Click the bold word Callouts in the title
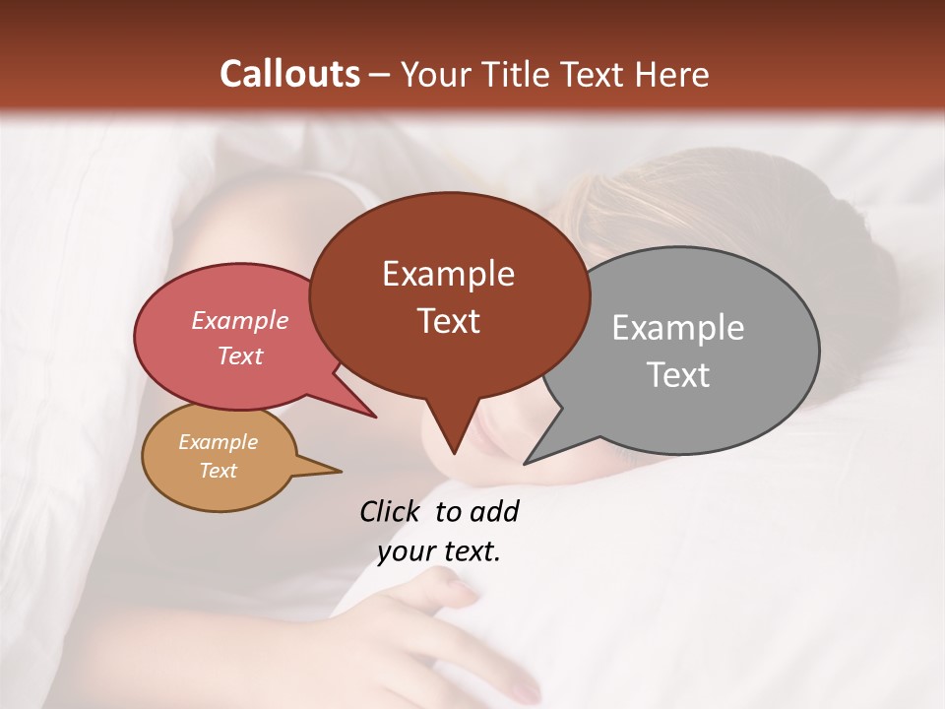pos(289,74)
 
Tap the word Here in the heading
pos(671,75)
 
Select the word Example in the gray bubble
pos(677,328)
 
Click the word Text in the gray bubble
pos(677,375)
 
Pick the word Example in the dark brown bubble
pos(448,274)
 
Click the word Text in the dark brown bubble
pos(448,321)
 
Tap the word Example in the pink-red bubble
pos(239,321)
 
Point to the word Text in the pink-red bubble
pos(239,356)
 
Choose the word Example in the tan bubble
pos(218,442)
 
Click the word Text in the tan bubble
pos(218,471)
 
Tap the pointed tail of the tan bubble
pos(330,470)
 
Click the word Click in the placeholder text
pos(391,511)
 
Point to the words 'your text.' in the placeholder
pos(439,551)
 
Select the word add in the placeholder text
pos(493,511)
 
